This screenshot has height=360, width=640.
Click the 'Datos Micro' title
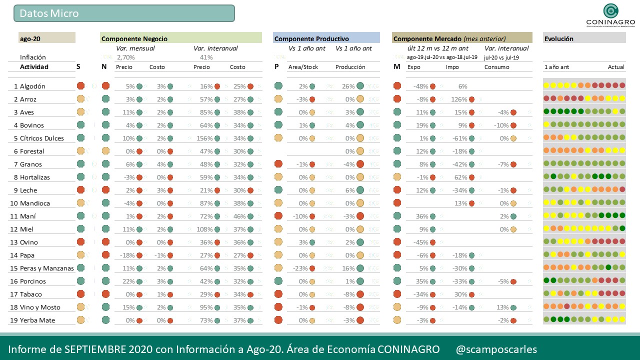click(49, 13)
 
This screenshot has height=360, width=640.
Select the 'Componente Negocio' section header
click(134, 38)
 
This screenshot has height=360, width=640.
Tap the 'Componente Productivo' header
click(311, 38)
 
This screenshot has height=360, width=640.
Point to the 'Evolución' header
click(558, 38)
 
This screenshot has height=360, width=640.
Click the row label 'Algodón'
click(32, 86)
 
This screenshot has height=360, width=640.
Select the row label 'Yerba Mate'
click(38, 320)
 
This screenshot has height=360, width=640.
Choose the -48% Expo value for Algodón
click(421, 86)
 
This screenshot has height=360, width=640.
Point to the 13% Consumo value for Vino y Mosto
click(502, 307)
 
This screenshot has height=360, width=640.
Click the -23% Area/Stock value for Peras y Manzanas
click(300, 268)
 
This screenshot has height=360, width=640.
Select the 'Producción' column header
click(350, 67)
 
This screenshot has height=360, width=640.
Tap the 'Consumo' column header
click(496, 67)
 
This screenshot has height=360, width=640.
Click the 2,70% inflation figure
click(125, 57)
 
